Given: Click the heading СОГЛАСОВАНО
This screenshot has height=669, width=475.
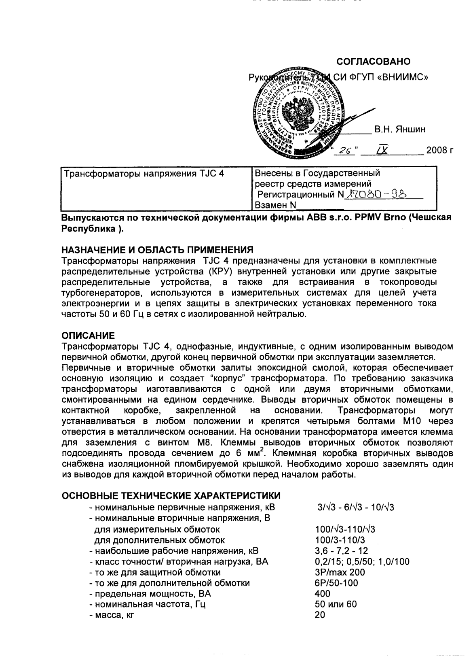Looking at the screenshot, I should [x=374, y=62].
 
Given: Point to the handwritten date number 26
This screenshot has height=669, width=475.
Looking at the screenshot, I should [x=345, y=151].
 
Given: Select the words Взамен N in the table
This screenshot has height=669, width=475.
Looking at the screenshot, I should [x=274, y=205].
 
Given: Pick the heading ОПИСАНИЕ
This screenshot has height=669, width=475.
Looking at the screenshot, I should [x=88, y=336].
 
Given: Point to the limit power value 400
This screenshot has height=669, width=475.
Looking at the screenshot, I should [x=322, y=594].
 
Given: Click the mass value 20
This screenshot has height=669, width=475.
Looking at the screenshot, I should [x=320, y=615].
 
